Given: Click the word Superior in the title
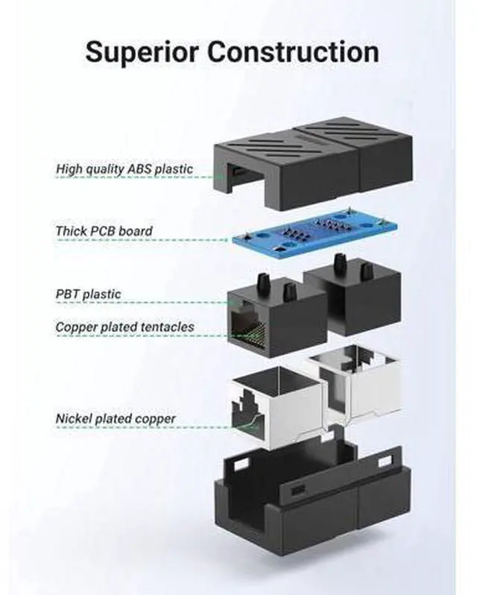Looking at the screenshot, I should pyautogui.click(x=139, y=51).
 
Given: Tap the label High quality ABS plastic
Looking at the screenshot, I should pyautogui.click(x=124, y=169).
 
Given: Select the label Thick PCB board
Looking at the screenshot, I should pyautogui.click(x=104, y=231).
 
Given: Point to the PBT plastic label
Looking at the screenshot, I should pyautogui.click(x=88, y=294).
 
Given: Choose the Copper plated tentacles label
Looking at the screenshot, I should pyautogui.click(x=124, y=327).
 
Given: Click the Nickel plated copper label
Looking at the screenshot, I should pyautogui.click(x=116, y=418).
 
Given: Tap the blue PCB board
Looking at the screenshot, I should pyautogui.click(x=314, y=234).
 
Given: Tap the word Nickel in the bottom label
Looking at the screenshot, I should pyautogui.click(x=73, y=418).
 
